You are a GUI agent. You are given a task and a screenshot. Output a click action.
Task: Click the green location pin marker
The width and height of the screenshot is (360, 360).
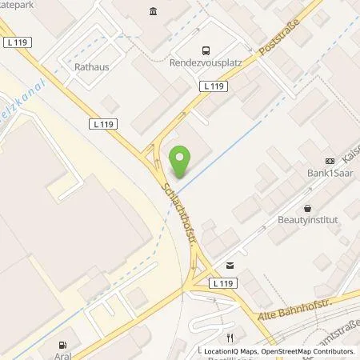[181, 162]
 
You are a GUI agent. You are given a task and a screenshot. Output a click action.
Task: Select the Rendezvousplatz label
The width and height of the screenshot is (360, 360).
[206, 66]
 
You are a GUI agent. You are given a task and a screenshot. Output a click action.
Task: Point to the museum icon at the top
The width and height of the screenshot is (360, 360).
[153, 11]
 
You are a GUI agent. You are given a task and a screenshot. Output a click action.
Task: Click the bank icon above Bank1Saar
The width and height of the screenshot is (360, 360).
[330, 161]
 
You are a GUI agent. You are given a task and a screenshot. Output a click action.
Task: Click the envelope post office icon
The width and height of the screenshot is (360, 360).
[230, 265]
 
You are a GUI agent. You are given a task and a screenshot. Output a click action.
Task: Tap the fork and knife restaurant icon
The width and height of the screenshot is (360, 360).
[230, 337]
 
